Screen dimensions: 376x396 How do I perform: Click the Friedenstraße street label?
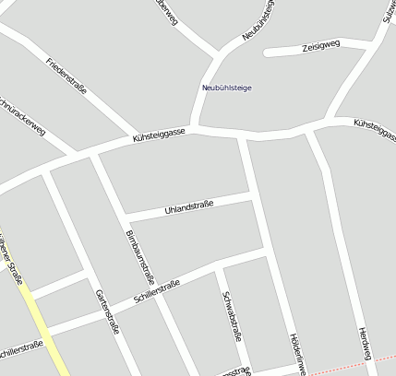pyautogui.click(x=66, y=76)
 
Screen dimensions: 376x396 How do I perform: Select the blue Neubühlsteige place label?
pyautogui.click(x=226, y=88)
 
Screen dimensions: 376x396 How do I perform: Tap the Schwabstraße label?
pyautogui.click(x=232, y=316)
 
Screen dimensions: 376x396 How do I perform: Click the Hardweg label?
pyautogui.click(x=363, y=342)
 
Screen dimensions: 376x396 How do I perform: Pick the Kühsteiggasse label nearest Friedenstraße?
pyautogui.click(x=161, y=135)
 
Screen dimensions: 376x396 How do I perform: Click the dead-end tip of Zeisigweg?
pyautogui.click(x=268, y=53)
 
